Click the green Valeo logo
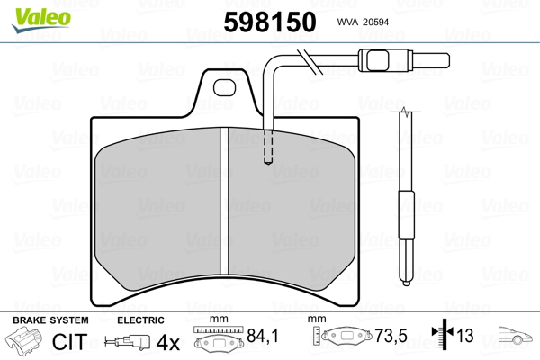(41, 20)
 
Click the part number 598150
(270, 22)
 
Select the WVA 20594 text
(363, 22)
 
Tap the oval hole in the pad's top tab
(224, 87)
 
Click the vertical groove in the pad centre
(224, 202)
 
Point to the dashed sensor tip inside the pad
(268, 147)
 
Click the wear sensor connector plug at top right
(403, 60)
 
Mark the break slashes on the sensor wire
(310, 62)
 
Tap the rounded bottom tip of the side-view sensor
(407, 283)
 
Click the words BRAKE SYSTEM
(50, 320)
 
